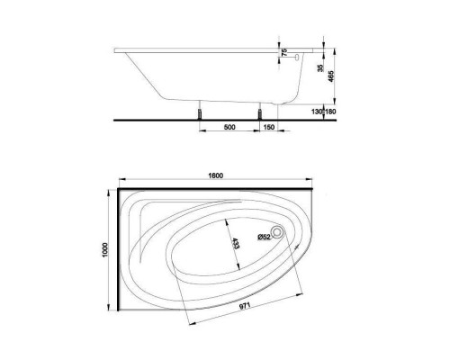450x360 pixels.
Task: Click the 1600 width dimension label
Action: click(214, 175)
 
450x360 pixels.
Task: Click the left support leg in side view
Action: click(198, 110)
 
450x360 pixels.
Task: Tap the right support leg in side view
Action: click(260, 110)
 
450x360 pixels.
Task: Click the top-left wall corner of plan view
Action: click(119, 190)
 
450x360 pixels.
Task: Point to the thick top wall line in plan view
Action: click(216, 190)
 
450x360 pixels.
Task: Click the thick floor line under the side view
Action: click(180, 117)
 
